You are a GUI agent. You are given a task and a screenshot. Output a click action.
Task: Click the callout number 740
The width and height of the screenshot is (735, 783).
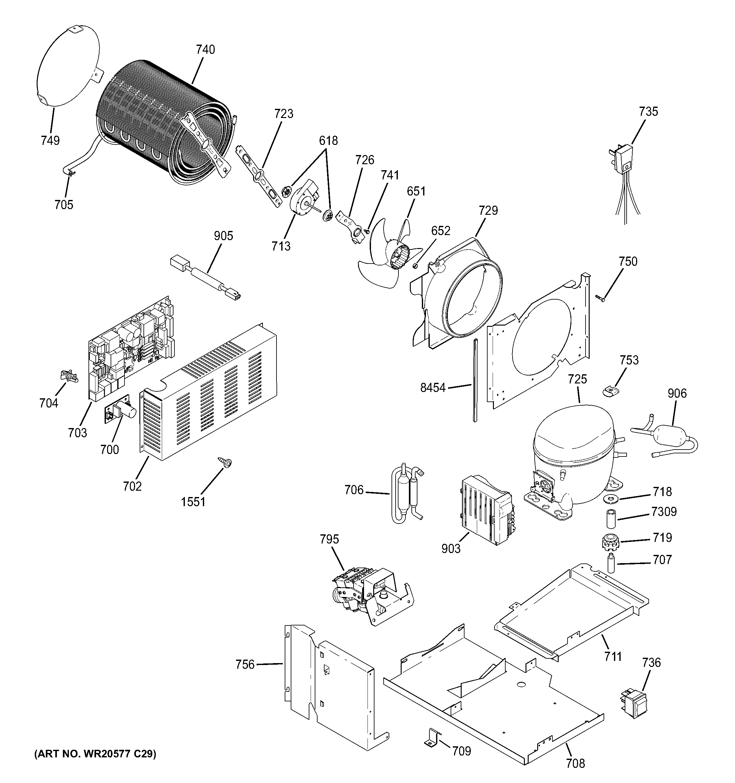click(205, 50)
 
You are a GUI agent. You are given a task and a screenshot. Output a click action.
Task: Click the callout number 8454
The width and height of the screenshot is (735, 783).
click(432, 388)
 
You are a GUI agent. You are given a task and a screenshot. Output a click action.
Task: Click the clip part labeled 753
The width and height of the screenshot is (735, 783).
click(610, 391)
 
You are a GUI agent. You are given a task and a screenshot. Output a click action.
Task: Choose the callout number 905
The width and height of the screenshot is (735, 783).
click(223, 236)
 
